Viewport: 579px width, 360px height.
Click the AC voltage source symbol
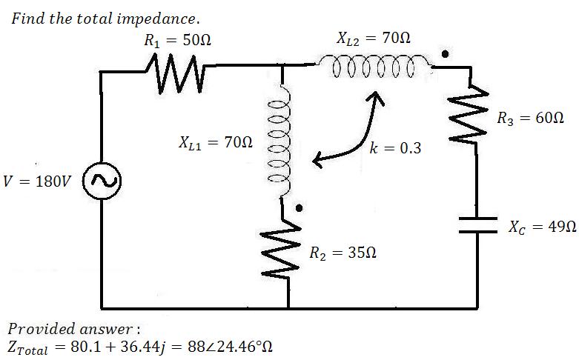102,181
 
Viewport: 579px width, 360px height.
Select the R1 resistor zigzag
175,73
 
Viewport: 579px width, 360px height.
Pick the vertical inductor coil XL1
282,142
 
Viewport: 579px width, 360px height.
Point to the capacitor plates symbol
478,225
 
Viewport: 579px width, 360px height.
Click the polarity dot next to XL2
445,54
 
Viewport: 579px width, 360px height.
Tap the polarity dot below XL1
299,208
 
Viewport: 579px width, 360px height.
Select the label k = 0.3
395,148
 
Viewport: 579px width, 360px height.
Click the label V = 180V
37,181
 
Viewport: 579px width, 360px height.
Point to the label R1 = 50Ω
178,40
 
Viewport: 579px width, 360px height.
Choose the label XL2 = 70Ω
374,39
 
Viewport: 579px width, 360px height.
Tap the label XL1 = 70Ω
216,142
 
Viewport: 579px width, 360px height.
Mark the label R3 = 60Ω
530,119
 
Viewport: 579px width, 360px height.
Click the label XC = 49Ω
542,227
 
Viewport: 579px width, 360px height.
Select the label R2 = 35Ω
343,253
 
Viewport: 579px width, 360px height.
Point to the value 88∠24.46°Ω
230,347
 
